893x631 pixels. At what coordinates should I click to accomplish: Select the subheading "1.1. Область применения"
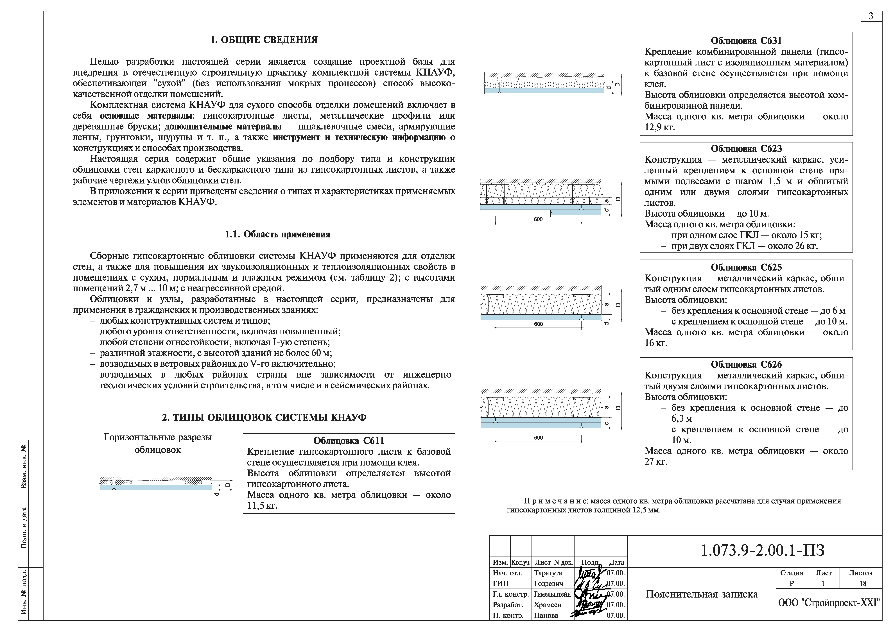pos(277,234)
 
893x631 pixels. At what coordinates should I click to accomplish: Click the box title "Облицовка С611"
pos(349,441)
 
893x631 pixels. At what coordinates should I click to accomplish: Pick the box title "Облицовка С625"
pos(746,267)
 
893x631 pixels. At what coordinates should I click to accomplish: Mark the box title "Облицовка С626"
pos(746,365)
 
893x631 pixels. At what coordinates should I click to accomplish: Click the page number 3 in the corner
pos(871,16)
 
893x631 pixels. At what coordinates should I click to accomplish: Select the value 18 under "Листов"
pos(863,584)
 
